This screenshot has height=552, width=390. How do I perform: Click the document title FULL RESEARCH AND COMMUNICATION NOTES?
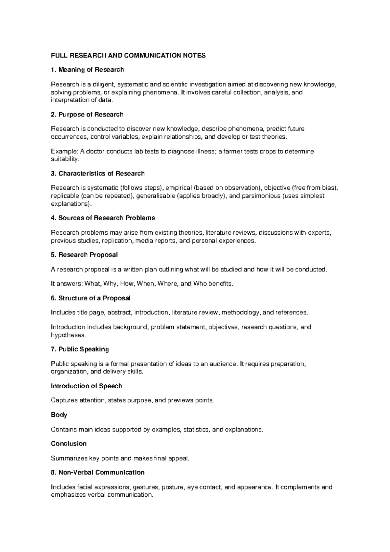128,55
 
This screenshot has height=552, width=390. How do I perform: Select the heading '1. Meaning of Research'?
87,70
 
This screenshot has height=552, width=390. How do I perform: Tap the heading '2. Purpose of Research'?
87,115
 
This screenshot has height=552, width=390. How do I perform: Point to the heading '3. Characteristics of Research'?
98,173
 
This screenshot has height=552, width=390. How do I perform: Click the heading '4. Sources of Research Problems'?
103,218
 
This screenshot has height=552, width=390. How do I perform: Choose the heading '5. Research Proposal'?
84,255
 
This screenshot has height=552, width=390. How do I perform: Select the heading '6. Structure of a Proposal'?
91,298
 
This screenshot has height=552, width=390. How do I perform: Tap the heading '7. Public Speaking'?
80,349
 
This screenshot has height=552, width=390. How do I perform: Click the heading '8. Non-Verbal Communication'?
98,472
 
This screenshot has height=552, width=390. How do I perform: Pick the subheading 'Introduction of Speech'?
86,386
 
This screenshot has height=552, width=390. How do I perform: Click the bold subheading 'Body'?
59,415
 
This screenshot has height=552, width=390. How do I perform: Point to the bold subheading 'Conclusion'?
69,444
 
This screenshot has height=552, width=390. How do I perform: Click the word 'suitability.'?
65,159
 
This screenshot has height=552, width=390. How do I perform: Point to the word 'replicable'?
65,196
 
